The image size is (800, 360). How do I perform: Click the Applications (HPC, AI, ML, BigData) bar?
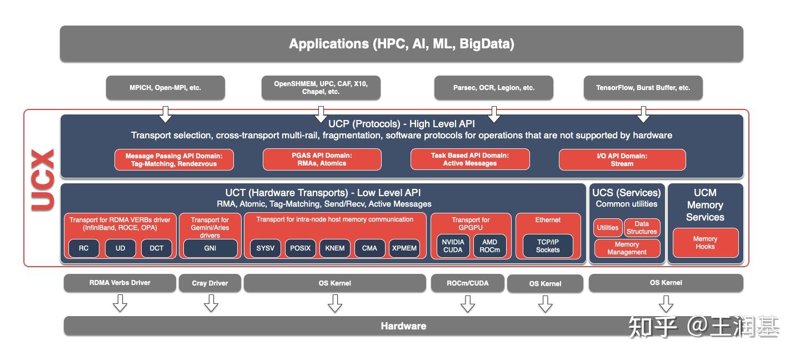(x=401, y=43)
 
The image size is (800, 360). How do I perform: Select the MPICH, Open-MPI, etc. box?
(x=165, y=88)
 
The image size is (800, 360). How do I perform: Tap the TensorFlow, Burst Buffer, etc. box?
(x=643, y=88)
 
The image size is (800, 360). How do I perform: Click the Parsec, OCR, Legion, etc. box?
(x=493, y=88)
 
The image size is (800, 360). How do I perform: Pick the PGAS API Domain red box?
(x=322, y=159)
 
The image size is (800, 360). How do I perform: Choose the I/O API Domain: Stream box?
(x=622, y=160)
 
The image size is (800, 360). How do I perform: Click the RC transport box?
(x=83, y=248)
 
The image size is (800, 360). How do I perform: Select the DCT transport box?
(x=157, y=248)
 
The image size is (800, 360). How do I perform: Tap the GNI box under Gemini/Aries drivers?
(x=210, y=248)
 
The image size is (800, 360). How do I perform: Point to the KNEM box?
(x=335, y=248)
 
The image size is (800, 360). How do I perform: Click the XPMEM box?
(x=404, y=248)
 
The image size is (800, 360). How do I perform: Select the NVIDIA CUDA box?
(x=453, y=246)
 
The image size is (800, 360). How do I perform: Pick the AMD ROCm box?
(x=489, y=246)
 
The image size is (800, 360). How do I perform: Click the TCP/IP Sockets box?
(x=547, y=246)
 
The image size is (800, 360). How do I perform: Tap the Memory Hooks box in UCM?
(x=705, y=243)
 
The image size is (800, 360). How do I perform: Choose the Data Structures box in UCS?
(x=642, y=228)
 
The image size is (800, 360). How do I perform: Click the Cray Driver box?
(x=210, y=283)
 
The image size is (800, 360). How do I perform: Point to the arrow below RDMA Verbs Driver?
(x=120, y=303)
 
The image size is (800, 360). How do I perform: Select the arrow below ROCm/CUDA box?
(x=468, y=303)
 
